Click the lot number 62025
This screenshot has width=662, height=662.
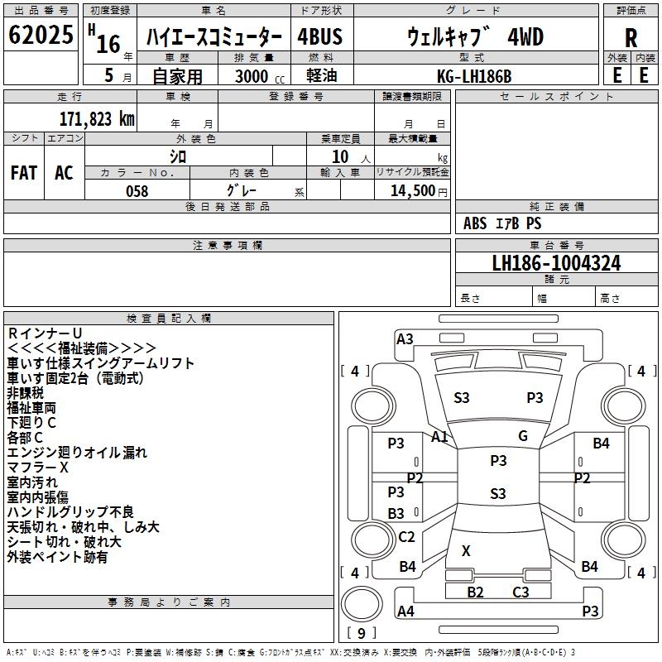[41, 35]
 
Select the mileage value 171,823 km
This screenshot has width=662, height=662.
[97, 119]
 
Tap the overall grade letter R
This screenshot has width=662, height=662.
[631, 38]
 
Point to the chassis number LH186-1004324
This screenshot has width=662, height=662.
[556, 263]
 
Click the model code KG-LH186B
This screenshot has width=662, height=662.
[474, 76]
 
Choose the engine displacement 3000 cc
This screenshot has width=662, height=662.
[260, 76]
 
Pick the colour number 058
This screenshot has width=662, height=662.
[137, 191]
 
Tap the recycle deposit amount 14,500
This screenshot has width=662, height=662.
[412, 191]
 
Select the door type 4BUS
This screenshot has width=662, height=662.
[319, 36]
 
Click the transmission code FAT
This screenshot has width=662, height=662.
[24, 173]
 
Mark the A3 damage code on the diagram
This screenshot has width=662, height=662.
[405, 338]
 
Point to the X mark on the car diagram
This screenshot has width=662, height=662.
[466, 550]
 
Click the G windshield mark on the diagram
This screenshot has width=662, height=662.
[523, 435]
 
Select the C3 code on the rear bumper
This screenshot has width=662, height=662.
[520, 592]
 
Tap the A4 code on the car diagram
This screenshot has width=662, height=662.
[405, 611]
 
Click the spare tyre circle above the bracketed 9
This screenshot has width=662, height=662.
[362, 604]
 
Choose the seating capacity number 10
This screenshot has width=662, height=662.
[340, 156]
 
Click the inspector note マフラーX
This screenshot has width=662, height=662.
[37, 468]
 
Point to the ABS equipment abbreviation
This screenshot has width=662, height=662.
[474, 223]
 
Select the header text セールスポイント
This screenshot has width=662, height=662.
[556, 97]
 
